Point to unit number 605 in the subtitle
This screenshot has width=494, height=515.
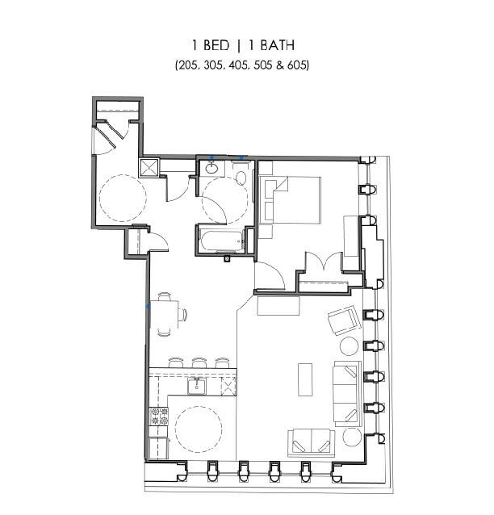297,65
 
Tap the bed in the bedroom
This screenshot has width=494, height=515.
293,199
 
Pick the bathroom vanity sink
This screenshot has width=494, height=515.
211,169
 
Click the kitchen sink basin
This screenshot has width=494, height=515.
196,387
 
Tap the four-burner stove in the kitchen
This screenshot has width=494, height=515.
158,417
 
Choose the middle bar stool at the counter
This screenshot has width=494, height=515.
199,363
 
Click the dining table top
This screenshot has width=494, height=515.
166,314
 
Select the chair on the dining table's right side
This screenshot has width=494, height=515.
183,314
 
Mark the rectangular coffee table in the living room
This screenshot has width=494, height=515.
305,378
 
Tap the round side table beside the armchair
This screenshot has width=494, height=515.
349,347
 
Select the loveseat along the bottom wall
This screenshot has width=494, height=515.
312,442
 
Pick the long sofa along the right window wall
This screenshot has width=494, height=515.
346,394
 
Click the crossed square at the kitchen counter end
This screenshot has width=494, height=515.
228,387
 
